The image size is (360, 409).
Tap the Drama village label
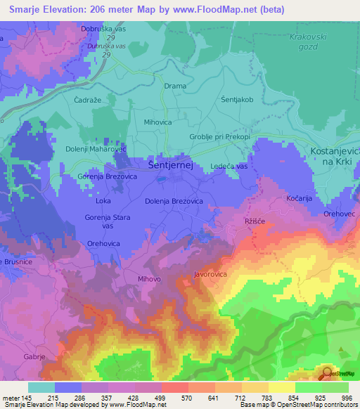(175, 86)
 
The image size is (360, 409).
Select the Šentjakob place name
(236, 100)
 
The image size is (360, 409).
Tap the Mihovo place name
(150, 279)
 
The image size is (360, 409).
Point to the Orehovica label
(102, 242)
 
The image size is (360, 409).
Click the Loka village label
(103, 201)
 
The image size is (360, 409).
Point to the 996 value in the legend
(345, 398)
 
